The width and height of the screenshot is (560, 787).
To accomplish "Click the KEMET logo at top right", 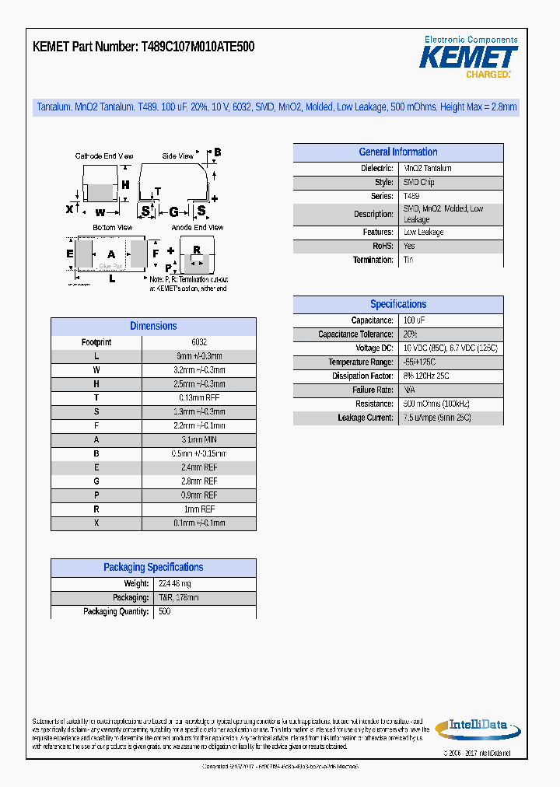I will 468,57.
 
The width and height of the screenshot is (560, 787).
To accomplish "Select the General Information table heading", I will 397,152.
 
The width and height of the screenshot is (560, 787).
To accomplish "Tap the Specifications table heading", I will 397,305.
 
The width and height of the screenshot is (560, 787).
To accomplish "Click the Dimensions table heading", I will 153,327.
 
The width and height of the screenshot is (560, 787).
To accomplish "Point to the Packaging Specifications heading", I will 153,568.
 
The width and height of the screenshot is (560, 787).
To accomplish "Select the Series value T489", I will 411,197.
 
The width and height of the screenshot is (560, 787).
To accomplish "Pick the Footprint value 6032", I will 199,342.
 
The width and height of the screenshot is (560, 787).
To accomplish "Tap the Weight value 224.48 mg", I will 174,584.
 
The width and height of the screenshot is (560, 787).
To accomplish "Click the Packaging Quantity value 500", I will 164,612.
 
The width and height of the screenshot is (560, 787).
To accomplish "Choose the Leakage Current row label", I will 366,418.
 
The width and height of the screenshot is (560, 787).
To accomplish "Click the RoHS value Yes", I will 409,246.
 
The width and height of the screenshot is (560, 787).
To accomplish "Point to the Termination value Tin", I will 408,261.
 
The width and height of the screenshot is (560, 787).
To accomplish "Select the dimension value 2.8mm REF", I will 199,482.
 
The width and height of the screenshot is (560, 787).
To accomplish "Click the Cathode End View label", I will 104,156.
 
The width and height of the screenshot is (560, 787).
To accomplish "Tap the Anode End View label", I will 198,228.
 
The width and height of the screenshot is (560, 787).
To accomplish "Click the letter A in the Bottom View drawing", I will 111,254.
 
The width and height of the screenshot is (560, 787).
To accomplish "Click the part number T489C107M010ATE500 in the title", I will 198,47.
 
